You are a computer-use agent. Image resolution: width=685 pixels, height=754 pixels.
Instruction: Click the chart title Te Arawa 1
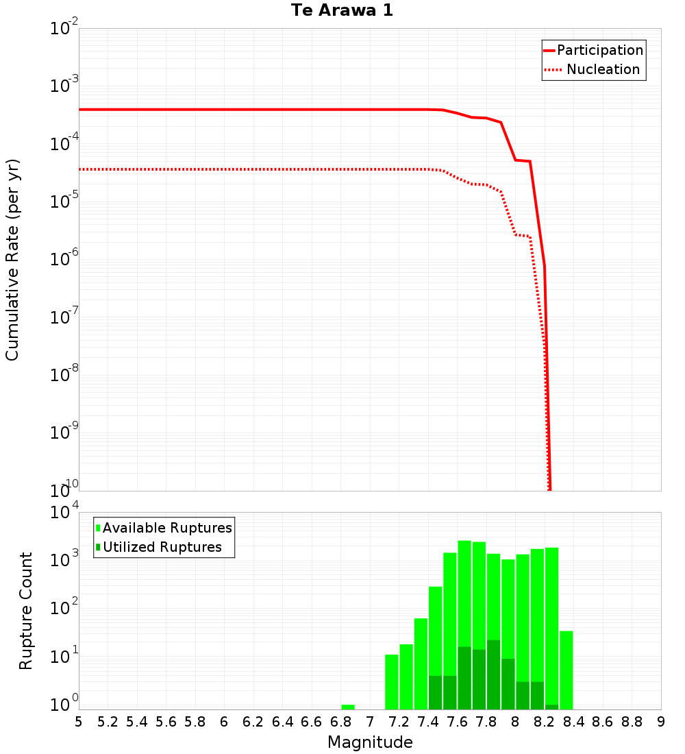[342, 11]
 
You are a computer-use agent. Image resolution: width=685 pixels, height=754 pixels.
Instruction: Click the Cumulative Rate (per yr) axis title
[12, 260]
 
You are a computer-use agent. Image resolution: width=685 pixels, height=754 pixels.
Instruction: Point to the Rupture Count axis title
[26, 611]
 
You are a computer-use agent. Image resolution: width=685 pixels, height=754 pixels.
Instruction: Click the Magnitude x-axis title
[370, 742]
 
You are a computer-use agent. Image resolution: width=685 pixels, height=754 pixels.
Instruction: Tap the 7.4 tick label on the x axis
[428, 722]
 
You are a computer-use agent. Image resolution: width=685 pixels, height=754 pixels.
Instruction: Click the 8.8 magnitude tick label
[632, 722]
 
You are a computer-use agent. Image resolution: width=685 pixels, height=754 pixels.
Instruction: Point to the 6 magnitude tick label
[224, 722]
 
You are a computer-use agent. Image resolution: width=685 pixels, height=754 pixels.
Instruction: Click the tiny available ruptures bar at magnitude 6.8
[348, 707]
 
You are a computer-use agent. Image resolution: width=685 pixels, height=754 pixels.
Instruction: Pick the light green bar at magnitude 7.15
[392, 682]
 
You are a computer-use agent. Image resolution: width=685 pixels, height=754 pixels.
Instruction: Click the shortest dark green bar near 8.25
[552, 707]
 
